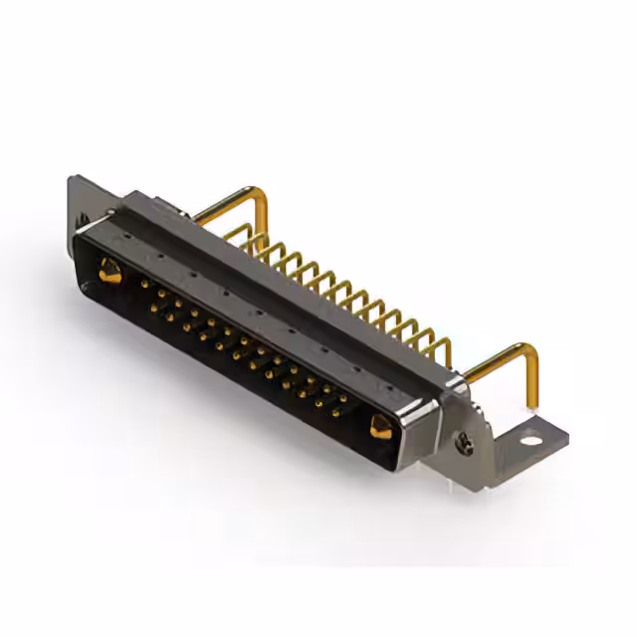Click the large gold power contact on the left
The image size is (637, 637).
click(x=109, y=270)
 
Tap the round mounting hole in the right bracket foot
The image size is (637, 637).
click(x=531, y=439)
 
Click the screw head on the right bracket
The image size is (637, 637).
click(x=465, y=445)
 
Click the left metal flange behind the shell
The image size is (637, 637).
click(x=82, y=199)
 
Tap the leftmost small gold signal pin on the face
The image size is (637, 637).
click(x=144, y=284)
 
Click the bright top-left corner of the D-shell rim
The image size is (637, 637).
click(x=80, y=230)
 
